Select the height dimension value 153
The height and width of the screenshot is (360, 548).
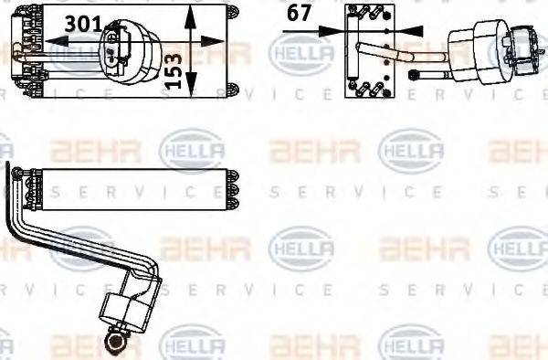172,69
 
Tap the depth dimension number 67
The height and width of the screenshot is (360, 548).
298,13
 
